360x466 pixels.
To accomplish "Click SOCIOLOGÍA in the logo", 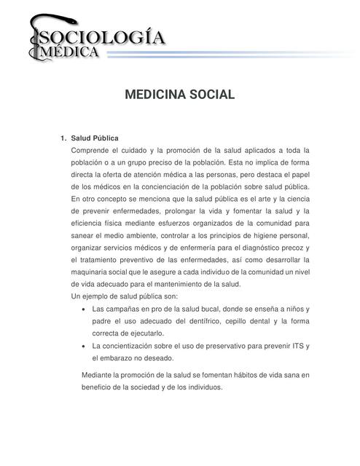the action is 102,37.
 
